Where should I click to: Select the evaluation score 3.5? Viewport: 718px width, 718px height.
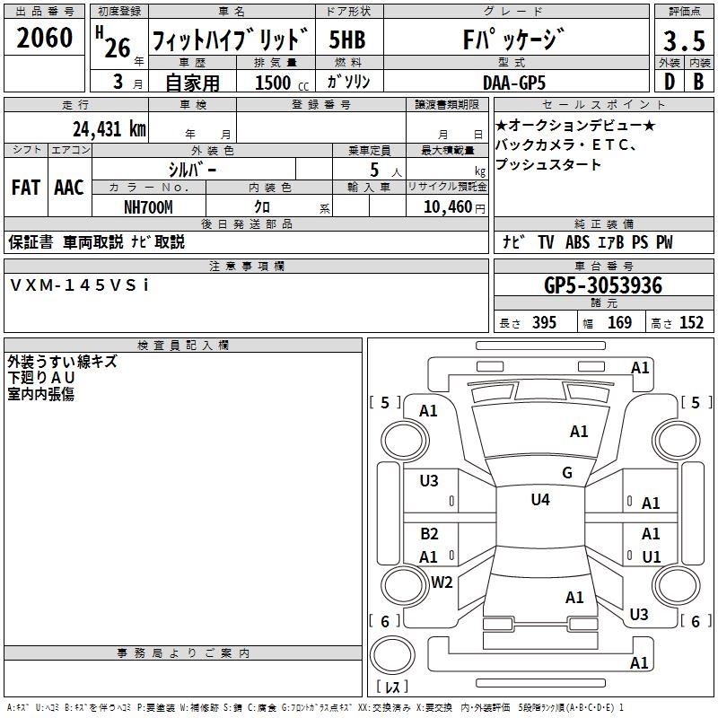point(682,41)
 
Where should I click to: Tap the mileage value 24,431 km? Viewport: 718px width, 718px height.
point(109,128)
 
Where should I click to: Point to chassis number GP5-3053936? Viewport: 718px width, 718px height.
point(603,285)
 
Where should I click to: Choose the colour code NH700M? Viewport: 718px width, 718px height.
point(148,206)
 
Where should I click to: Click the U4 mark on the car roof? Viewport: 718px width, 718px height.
point(540,500)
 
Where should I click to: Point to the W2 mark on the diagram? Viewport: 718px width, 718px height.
point(442,582)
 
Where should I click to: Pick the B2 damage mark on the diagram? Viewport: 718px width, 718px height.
point(429,534)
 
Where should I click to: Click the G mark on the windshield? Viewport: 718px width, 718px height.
point(567,473)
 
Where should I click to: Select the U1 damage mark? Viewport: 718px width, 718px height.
point(652,557)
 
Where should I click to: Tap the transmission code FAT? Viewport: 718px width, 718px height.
point(25,187)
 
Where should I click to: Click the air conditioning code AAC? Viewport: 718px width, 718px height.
point(69,187)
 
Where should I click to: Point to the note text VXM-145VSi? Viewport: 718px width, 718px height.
point(80,285)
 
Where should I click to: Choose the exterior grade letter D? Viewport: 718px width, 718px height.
point(669,82)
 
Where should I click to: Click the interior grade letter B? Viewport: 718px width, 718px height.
point(698,82)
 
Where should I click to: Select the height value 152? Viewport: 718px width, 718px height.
point(691,323)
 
